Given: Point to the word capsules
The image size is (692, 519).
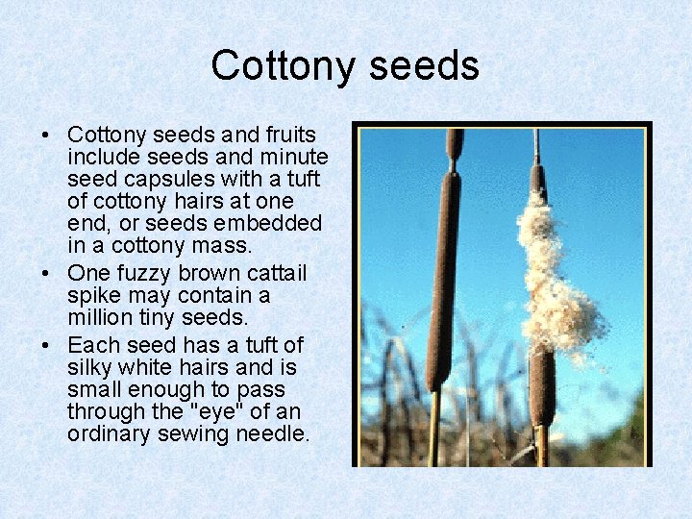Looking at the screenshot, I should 166,179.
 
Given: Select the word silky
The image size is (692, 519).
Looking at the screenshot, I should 91,368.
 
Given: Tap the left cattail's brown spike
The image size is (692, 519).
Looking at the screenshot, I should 444,279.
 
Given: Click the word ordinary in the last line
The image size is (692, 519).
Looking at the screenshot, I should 108,434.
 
